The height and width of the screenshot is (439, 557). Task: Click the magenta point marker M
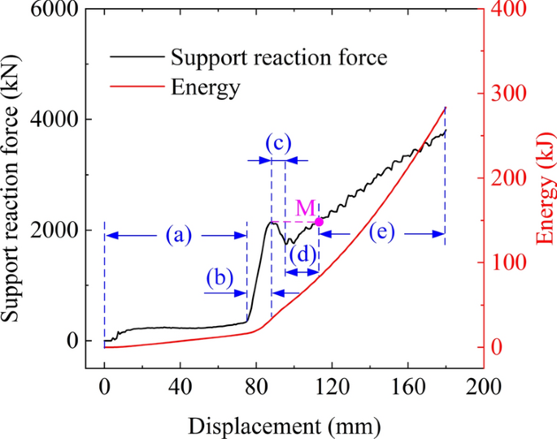(x=319, y=221)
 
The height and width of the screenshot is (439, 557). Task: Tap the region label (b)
(x=219, y=278)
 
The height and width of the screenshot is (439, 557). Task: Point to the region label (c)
(x=278, y=144)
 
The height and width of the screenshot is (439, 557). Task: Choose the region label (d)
(x=302, y=254)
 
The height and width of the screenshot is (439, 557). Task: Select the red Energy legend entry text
(x=205, y=85)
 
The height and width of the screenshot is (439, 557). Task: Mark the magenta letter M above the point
(x=306, y=208)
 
